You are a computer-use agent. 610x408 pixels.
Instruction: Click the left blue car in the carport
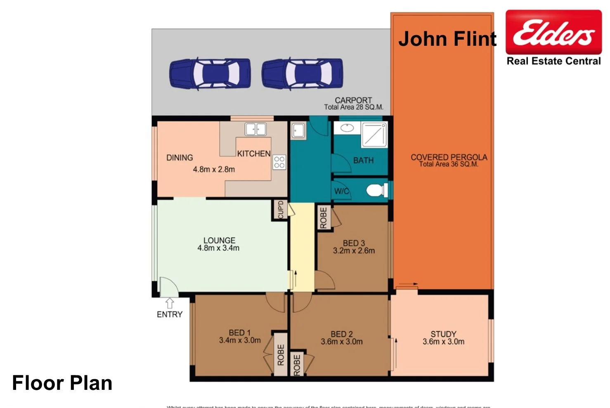tap(210, 73)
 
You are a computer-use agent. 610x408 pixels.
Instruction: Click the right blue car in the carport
tap(302, 73)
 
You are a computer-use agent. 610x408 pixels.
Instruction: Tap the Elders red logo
tap(553, 32)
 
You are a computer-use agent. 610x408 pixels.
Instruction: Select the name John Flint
tap(447, 39)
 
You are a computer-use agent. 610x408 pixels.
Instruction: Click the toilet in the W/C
tap(376, 191)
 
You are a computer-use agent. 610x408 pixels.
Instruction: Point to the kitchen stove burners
tap(279, 162)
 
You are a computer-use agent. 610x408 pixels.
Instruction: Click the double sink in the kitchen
tap(255, 129)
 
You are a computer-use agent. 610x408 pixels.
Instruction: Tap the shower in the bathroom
tap(374, 134)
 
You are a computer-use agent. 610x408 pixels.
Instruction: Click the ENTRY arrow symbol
tap(170, 303)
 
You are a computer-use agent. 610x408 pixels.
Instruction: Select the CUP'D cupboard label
tap(281, 210)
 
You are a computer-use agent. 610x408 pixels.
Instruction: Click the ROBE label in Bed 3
tap(324, 218)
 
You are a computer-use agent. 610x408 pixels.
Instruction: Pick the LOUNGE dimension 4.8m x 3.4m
tap(218, 248)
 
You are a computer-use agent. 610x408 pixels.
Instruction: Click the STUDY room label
tap(443, 334)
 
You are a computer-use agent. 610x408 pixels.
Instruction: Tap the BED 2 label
tap(342, 334)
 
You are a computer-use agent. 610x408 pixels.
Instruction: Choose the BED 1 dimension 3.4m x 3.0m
tap(240, 340)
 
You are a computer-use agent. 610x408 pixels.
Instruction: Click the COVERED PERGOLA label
tap(449, 157)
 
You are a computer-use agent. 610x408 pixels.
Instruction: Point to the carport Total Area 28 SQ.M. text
tap(354, 107)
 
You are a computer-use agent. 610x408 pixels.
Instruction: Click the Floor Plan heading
tap(62, 383)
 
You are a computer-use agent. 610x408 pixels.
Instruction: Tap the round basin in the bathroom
tap(347, 128)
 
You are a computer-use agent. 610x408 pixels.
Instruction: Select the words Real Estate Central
tap(553, 61)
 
